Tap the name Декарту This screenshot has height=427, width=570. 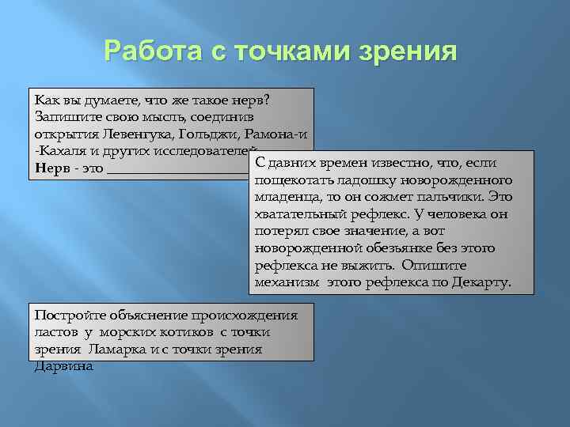coord(482,282)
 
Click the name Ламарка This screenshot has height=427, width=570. coord(117,349)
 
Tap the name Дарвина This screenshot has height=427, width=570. coord(63,366)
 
